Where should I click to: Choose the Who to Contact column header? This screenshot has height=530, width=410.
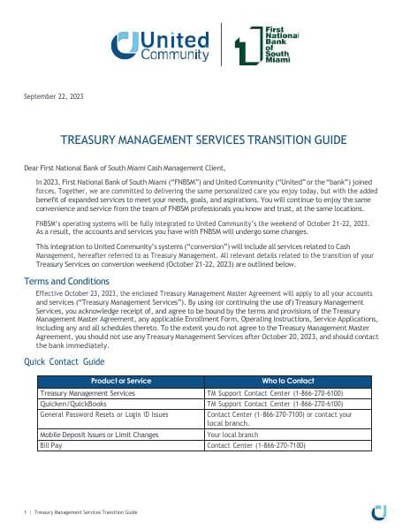(x=285, y=381)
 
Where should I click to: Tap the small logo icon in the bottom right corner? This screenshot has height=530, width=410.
(x=379, y=511)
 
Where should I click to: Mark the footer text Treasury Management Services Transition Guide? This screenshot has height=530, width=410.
(x=86, y=511)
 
